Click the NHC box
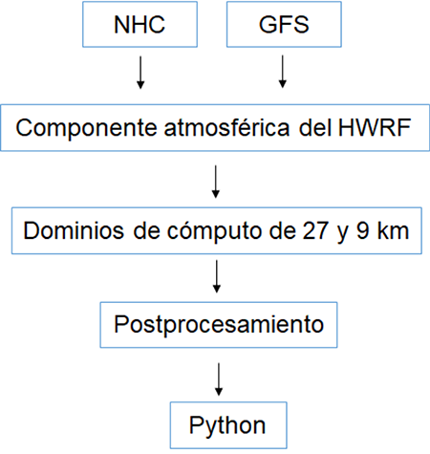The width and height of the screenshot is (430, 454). click(140, 25)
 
